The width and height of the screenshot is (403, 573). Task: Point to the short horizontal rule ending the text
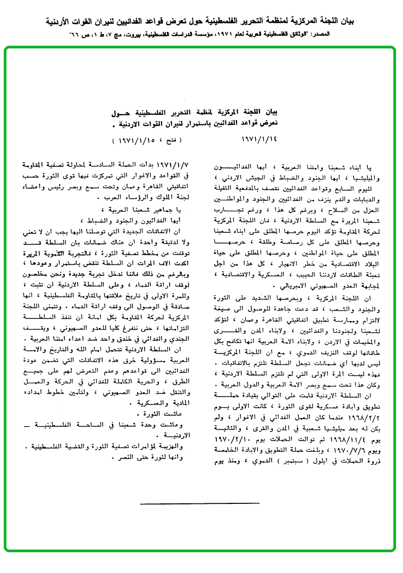point(200,503)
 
